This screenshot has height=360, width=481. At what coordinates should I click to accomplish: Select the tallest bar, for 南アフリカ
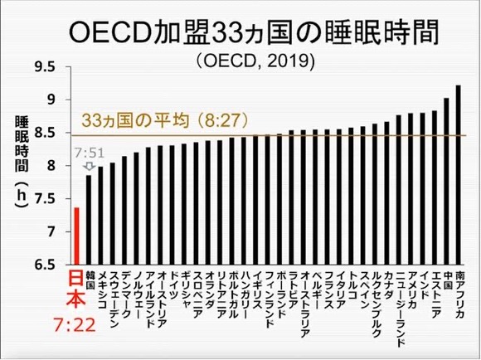(458, 175)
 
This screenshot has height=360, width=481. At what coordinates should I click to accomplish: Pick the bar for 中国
(446, 182)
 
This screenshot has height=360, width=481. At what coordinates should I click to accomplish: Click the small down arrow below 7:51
(89, 166)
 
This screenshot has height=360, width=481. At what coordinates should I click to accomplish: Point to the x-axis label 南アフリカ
(459, 294)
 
